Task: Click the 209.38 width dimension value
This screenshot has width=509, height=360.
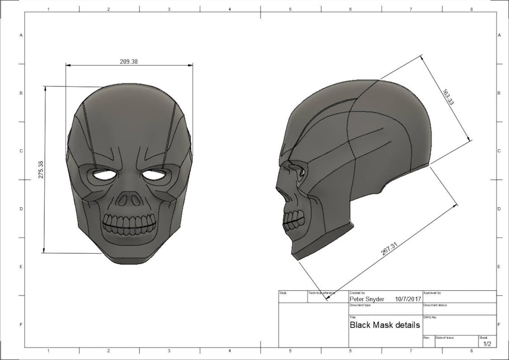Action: tap(129, 62)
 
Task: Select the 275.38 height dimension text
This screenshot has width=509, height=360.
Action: tap(41, 170)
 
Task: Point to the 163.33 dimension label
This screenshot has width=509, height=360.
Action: tap(448, 97)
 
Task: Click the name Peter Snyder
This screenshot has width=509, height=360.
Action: tap(367, 299)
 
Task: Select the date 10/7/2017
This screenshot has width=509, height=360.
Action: tap(408, 299)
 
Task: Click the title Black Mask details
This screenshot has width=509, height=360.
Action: tap(384, 325)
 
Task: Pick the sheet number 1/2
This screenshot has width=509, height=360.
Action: tap(486, 343)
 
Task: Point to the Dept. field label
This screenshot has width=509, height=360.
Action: tap(283, 293)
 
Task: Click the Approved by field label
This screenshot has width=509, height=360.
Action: tap(432, 293)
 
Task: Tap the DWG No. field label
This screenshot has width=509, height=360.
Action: tap(430, 317)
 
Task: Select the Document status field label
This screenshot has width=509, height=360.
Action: tap(434, 305)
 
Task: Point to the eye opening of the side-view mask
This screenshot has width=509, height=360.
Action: tap(302, 172)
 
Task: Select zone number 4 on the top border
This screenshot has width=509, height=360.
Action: tap(229, 9)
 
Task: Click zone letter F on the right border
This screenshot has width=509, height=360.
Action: tap(498, 325)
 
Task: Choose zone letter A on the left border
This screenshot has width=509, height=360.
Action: tap(21, 35)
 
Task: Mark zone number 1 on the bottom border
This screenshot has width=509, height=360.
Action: tap(48, 351)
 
